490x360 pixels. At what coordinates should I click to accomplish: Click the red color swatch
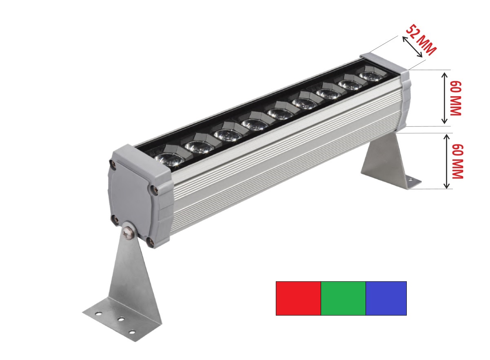pyautogui.click(x=298, y=298)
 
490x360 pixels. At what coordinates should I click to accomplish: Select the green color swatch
pyautogui.click(x=343, y=298)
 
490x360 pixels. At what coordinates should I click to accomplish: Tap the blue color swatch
pyautogui.click(x=386, y=298)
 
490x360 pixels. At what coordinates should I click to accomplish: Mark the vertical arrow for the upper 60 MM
pyautogui.click(x=445, y=98)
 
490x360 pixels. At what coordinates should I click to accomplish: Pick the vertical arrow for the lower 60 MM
pyautogui.click(x=447, y=161)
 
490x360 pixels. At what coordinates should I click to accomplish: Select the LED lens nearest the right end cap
pyautogui.click(x=370, y=76)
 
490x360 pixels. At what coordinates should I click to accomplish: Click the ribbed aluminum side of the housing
pyautogui.click(x=286, y=163)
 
